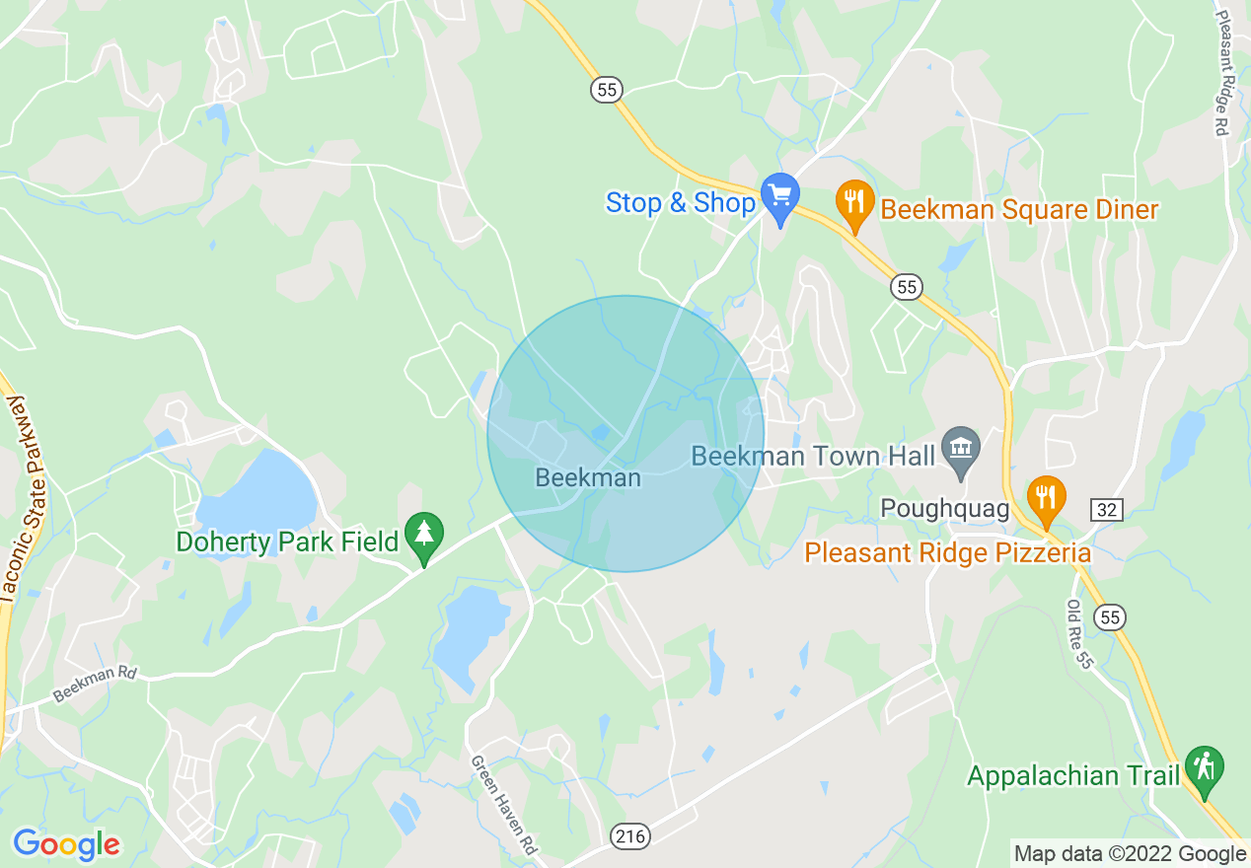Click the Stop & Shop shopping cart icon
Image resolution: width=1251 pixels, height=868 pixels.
[x=780, y=194]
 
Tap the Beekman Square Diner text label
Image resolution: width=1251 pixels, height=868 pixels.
[x=1019, y=210]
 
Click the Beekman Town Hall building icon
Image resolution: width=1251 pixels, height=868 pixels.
[x=959, y=448]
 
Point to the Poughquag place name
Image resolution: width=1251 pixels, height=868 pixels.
[x=945, y=509]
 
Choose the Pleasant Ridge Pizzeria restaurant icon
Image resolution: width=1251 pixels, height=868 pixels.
[x=1045, y=496]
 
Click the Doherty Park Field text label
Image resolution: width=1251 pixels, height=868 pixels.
[x=287, y=542]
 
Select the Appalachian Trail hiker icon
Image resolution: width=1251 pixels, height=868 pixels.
[x=1204, y=766]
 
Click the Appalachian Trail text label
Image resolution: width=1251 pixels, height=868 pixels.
[x=1073, y=776]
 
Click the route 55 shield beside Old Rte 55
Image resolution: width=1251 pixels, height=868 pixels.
[x=1111, y=617]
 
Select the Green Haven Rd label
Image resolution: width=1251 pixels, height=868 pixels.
[x=504, y=805]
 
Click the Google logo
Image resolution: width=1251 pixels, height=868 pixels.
[x=66, y=844]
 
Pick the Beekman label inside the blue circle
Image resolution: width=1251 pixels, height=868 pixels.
[x=587, y=478]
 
